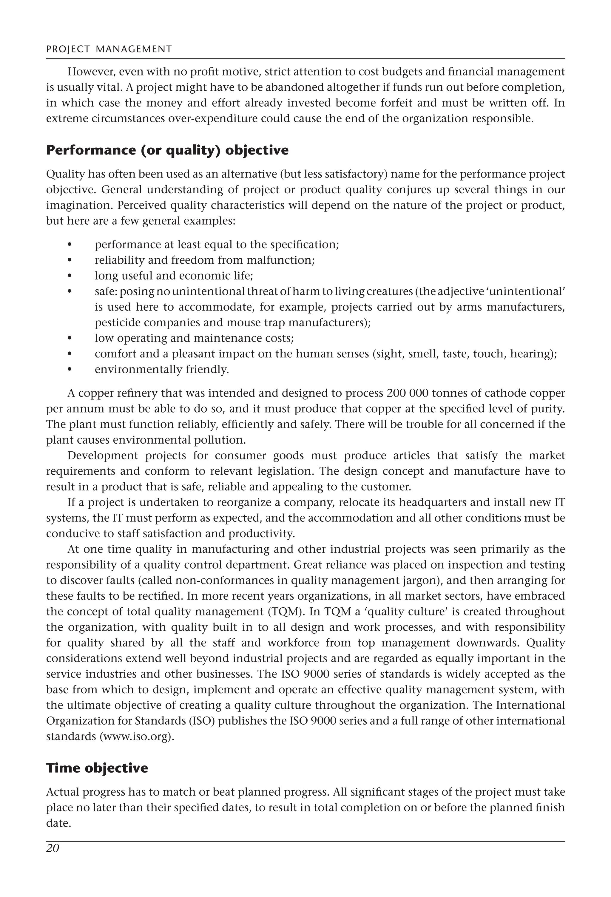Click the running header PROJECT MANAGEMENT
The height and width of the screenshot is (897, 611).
[x=109, y=49]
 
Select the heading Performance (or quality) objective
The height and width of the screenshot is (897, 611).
[x=167, y=150]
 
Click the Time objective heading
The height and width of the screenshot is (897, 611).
[x=97, y=768]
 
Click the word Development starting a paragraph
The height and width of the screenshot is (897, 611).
[x=103, y=456]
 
